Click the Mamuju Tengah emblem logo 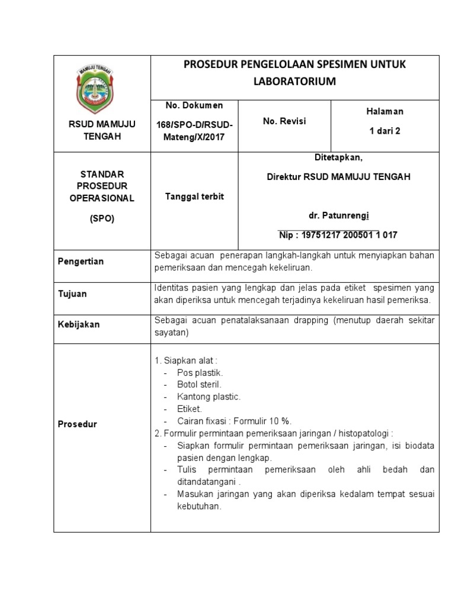[x=102, y=88]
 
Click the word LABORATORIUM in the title [x=294, y=82]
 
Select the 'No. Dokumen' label [x=194, y=105]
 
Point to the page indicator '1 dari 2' [x=384, y=131]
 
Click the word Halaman [x=384, y=111]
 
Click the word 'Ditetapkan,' [x=338, y=157]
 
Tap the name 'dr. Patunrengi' [x=338, y=215]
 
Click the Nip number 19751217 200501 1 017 [x=338, y=235]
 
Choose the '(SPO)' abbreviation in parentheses [x=102, y=218]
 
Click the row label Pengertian [x=81, y=262]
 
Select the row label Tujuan [x=72, y=294]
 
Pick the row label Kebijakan [x=78, y=324]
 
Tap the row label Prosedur [x=77, y=424]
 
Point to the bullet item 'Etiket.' [x=190, y=409]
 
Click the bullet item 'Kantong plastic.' [x=209, y=397]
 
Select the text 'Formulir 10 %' [x=262, y=421]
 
